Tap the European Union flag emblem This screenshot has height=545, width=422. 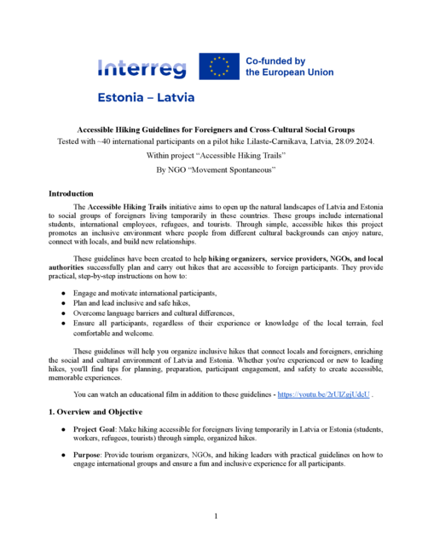pyautogui.click(x=219, y=67)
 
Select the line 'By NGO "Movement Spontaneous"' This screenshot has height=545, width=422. pyautogui.click(x=211, y=170)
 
